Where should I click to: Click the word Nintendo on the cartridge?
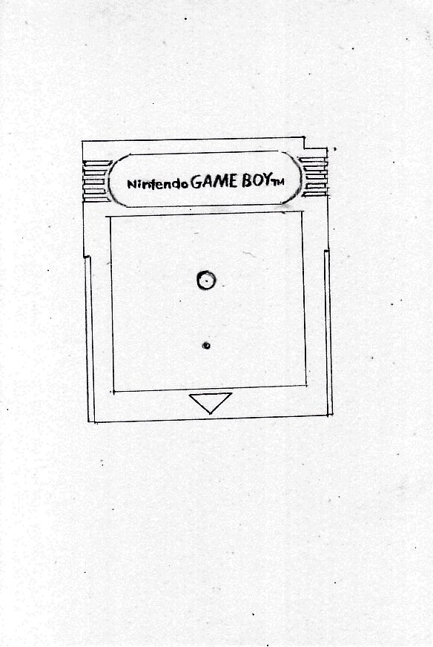[x=157, y=183]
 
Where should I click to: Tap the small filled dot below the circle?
[x=207, y=346]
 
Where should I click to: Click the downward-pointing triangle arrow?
[x=211, y=403]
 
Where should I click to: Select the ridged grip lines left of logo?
[x=96, y=181]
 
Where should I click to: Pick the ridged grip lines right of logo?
[x=314, y=176]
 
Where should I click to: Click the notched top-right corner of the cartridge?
[x=304, y=148]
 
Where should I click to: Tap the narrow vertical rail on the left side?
[x=90, y=338]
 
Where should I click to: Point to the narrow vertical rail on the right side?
[x=328, y=332]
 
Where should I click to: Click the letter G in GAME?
[x=196, y=183]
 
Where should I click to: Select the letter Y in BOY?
[x=268, y=180]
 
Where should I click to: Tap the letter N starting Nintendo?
[x=131, y=185]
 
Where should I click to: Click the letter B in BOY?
[x=247, y=181]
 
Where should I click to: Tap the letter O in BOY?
[x=258, y=181]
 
